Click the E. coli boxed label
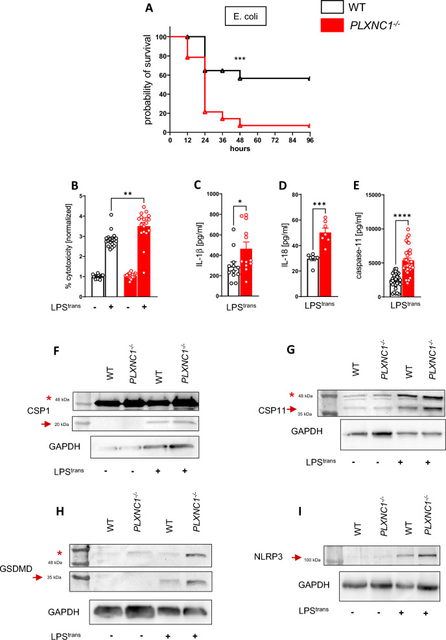246,16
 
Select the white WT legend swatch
332,7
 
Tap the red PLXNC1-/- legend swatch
332,25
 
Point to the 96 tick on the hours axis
310,140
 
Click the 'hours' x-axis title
240,148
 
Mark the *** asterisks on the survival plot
240,59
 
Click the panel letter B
75,185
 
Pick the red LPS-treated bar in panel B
144,261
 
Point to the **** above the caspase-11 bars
403,216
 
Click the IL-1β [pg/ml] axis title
200,245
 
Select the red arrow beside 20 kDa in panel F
46,425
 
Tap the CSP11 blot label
272,410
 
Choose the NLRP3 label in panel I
268,556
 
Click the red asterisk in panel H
60,554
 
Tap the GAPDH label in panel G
307,431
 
